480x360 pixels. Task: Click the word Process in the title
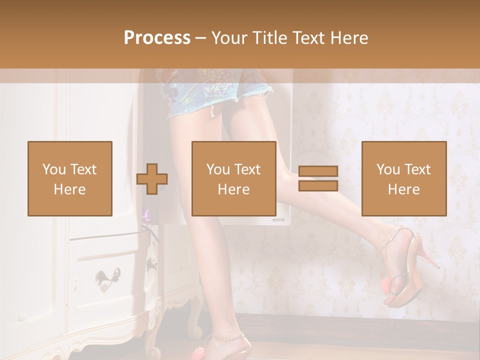(x=157, y=38)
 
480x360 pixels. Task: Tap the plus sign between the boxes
(x=152, y=179)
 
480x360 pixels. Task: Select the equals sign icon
(x=318, y=178)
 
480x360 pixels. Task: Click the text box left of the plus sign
(x=70, y=178)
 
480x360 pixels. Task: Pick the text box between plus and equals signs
(x=233, y=178)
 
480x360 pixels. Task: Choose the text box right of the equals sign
(x=403, y=178)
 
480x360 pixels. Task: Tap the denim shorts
(x=215, y=92)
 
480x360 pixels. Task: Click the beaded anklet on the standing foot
(x=227, y=337)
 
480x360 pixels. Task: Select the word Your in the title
(x=227, y=38)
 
